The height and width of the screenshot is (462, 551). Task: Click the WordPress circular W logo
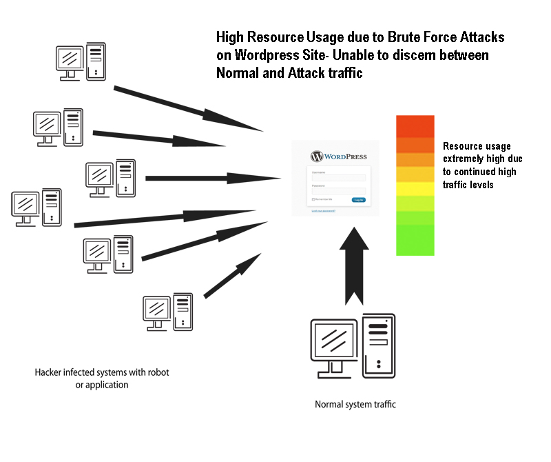317,157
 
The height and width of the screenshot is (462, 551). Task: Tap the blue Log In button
358,200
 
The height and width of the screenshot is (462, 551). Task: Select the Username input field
338,178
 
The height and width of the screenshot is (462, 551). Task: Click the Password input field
338,191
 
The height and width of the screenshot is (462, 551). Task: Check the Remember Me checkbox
313,200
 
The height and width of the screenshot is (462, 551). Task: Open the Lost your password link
324,210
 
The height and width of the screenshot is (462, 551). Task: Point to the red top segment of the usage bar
415,126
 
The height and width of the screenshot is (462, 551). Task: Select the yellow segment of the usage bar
415,188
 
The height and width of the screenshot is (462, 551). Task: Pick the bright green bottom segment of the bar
415,240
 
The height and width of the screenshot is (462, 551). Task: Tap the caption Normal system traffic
355,405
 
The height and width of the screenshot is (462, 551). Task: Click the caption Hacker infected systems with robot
102,372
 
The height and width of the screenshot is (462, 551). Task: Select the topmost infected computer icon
81,61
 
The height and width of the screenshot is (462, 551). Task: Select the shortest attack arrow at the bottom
232,276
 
